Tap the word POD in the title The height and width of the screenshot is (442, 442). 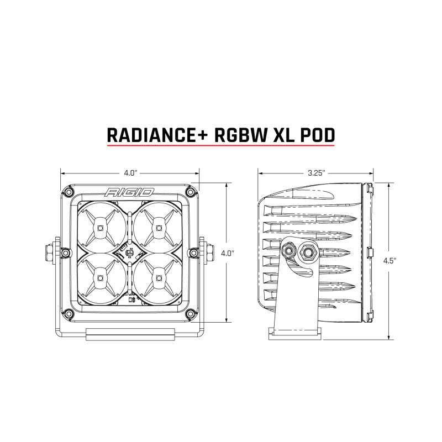[317, 135]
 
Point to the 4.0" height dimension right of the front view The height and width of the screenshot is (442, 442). [227, 253]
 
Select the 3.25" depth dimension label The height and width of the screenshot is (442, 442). [317, 172]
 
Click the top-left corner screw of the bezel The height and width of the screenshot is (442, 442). [67, 191]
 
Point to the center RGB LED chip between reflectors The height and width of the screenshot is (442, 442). [129, 253]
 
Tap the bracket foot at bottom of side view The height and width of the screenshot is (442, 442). [296, 332]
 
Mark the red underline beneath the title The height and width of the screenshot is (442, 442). [221, 146]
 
